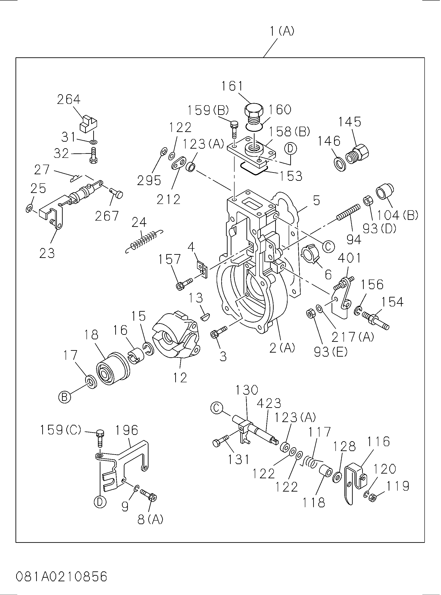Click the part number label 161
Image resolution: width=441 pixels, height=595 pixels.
(x=233, y=86)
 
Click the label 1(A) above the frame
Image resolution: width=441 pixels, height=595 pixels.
(x=282, y=31)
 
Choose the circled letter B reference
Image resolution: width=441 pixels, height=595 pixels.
(x=64, y=397)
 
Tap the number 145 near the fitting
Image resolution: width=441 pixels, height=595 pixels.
(x=350, y=122)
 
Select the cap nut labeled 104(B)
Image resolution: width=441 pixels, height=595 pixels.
(x=385, y=192)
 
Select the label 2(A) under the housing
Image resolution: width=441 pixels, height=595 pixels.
(x=282, y=348)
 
